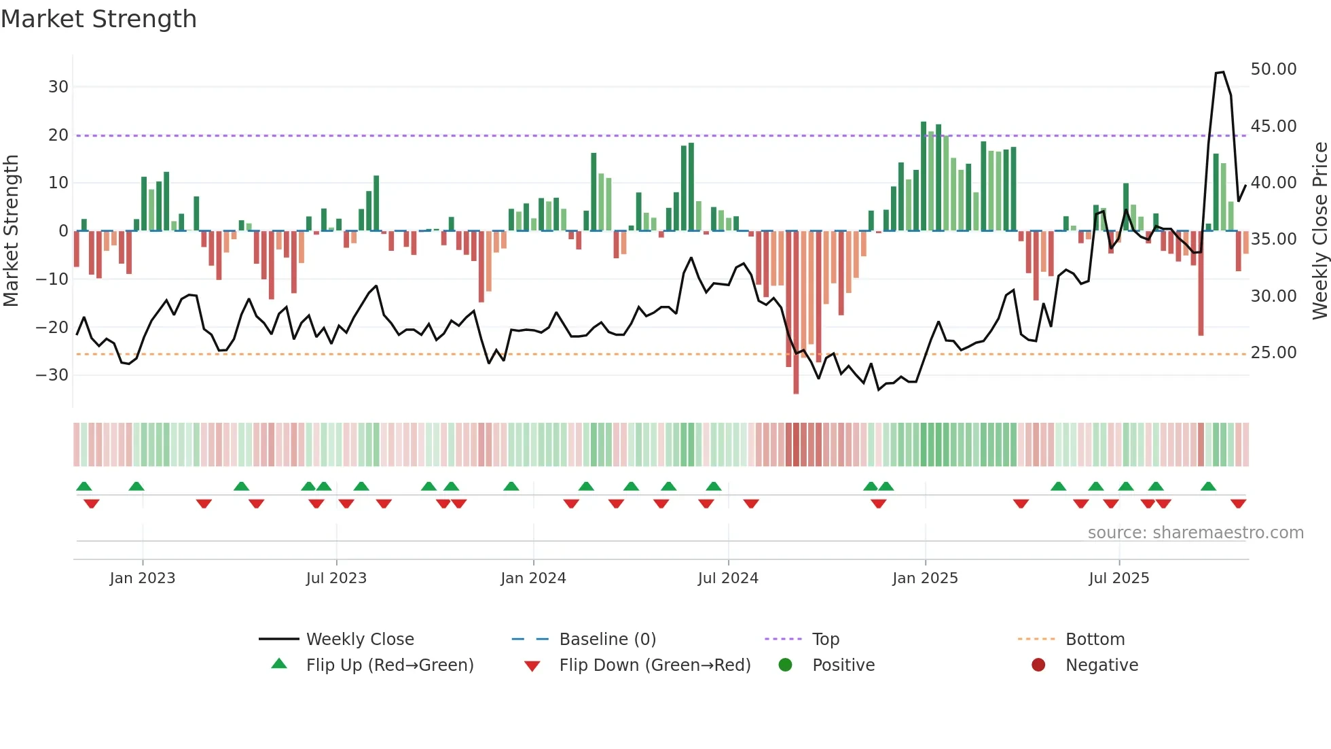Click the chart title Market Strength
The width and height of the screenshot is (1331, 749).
[98, 19]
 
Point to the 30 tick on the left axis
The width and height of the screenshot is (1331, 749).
[58, 87]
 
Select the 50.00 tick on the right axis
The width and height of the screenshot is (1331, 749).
[1273, 69]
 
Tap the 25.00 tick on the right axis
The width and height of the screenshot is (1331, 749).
[1273, 353]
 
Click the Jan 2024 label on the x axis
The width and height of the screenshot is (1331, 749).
[533, 578]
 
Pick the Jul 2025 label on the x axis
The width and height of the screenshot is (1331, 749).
[1118, 578]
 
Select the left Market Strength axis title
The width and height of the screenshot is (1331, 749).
[11, 231]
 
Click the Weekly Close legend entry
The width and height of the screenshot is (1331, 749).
[360, 640]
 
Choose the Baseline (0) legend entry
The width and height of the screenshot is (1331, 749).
[607, 640]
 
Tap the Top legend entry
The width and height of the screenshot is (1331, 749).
[825, 640]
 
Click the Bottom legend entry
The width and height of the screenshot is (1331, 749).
[1095, 640]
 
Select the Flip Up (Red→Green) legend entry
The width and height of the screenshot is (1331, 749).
[389, 665]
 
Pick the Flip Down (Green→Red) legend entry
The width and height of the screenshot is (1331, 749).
[655, 665]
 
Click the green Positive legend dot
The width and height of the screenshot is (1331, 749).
[786, 665]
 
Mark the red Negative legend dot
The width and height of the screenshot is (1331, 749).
[1038, 665]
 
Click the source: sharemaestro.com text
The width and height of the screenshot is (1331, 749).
[1195, 533]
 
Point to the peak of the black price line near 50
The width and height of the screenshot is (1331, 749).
[1222, 72]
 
